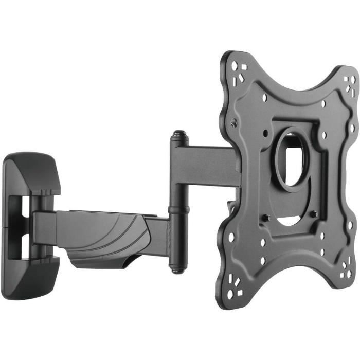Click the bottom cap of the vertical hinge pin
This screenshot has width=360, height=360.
coord(178,268)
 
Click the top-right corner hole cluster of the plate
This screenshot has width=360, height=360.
coord(350,85)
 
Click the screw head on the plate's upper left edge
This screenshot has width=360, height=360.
coord(235,123)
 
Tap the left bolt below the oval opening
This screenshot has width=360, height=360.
coord(267,218)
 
